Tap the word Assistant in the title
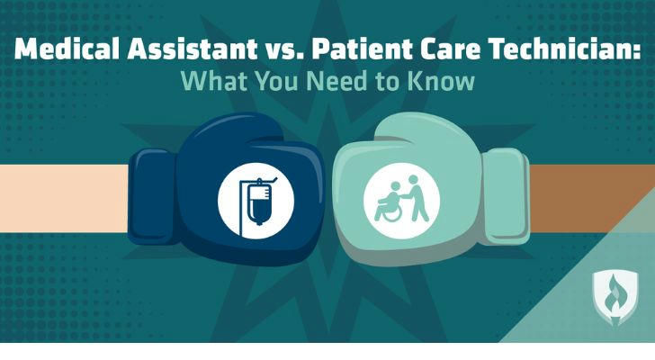193,49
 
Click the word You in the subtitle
276,81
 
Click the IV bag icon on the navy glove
256,201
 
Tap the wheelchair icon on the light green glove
401,201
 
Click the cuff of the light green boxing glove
507,196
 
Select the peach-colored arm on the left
64,198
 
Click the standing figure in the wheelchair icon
418,197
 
